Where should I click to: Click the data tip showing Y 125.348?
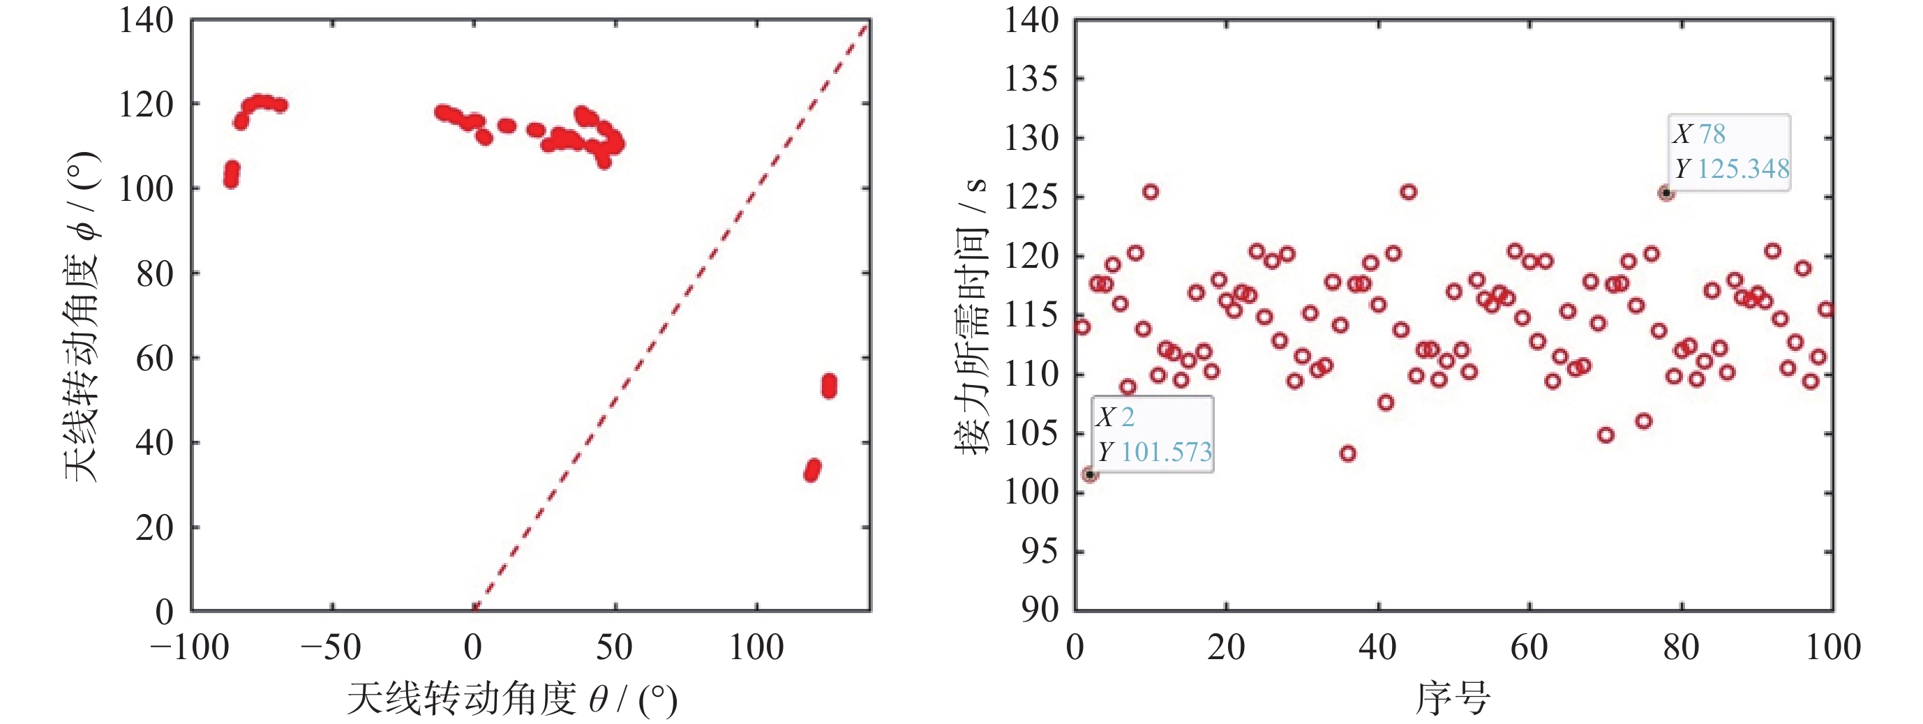click(x=1729, y=152)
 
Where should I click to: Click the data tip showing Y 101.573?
click(x=1153, y=435)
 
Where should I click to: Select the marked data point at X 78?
click(x=1666, y=193)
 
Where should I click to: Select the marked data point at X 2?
click(x=1090, y=475)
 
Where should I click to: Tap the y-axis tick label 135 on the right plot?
click(x=1031, y=79)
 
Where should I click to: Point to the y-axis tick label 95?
click(x=1039, y=552)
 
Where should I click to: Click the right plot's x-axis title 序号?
click(x=1453, y=699)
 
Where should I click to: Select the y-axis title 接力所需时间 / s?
click(x=971, y=317)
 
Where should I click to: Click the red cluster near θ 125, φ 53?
click(x=829, y=386)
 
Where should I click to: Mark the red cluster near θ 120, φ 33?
click(x=812, y=470)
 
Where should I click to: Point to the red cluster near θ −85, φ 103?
click(x=232, y=174)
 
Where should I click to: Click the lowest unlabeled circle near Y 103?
click(x=1347, y=454)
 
